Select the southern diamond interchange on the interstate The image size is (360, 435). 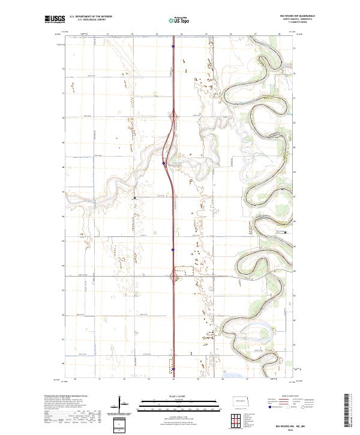(174, 275)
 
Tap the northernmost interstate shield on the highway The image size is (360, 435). (173, 46)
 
